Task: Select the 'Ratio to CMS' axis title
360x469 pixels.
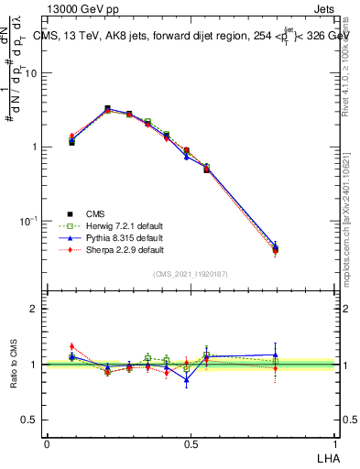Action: click(x=16, y=363)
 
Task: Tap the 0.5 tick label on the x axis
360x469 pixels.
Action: click(x=191, y=444)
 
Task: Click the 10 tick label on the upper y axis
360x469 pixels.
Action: click(x=31, y=73)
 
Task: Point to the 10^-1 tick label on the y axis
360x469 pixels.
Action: click(x=29, y=221)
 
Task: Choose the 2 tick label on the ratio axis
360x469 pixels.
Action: click(x=34, y=309)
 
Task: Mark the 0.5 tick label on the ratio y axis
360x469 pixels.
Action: click(x=29, y=420)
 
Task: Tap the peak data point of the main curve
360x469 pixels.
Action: click(x=107, y=109)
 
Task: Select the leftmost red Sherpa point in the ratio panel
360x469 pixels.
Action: click(x=71, y=346)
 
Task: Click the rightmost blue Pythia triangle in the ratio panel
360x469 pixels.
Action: click(x=276, y=354)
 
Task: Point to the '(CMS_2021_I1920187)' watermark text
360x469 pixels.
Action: click(x=191, y=273)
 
